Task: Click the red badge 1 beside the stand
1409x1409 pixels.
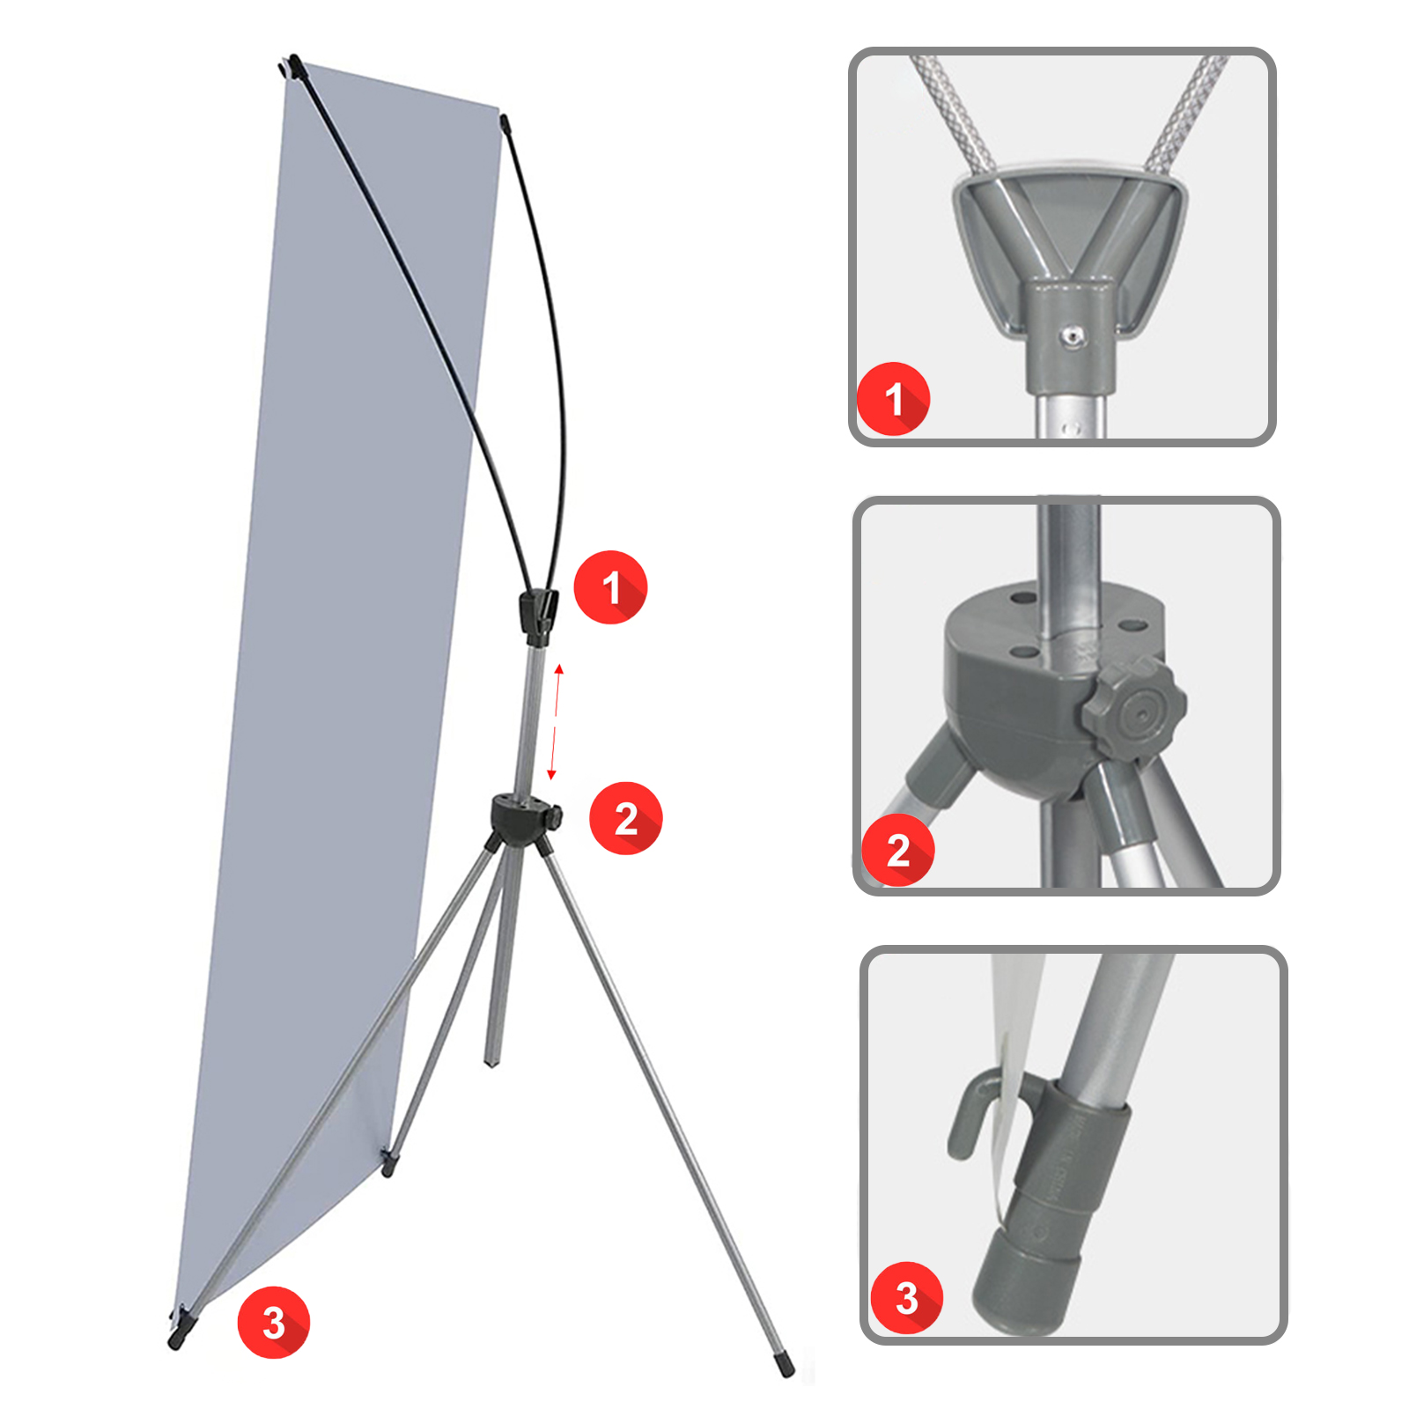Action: tap(610, 587)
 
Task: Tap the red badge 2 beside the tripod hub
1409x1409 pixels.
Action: tap(625, 818)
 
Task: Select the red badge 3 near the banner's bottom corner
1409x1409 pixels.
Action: tap(273, 1322)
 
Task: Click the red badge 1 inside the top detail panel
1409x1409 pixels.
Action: tap(894, 399)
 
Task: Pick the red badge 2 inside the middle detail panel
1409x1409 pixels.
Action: tap(897, 850)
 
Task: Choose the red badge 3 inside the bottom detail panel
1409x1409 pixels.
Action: tap(906, 1297)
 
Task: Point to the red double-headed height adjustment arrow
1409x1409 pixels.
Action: tap(555, 723)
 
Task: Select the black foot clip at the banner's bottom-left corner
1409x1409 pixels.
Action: tap(181, 1327)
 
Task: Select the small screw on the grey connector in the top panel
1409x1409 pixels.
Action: tap(1072, 336)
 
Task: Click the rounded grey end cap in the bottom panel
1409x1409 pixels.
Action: tap(1026, 1278)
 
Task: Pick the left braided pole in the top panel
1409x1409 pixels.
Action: tap(955, 114)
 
